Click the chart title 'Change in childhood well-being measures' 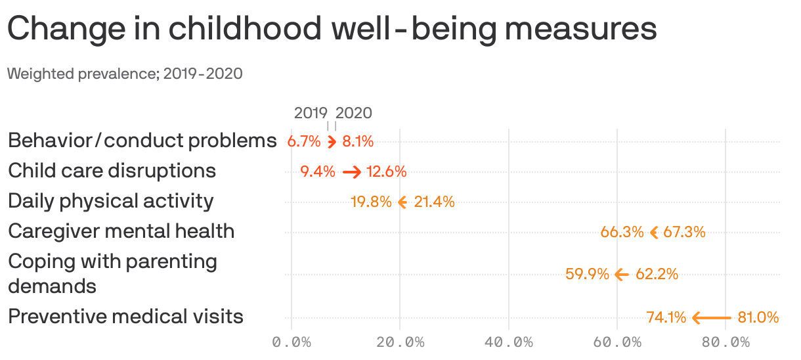point(332,29)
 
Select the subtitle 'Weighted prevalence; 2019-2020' point(125,74)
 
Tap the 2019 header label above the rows point(311,113)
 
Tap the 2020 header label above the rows point(354,113)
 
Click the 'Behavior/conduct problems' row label point(142,141)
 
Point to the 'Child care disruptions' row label point(112,171)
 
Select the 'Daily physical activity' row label point(110,201)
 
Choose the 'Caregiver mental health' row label point(121,231)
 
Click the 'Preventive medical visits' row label point(125,317)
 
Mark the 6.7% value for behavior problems point(304,141)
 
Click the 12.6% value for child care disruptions point(387,172)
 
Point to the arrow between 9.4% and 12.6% point(352,172)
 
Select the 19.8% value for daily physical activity point(371,202)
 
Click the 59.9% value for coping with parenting point(588,275)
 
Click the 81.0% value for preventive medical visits point(758,318)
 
